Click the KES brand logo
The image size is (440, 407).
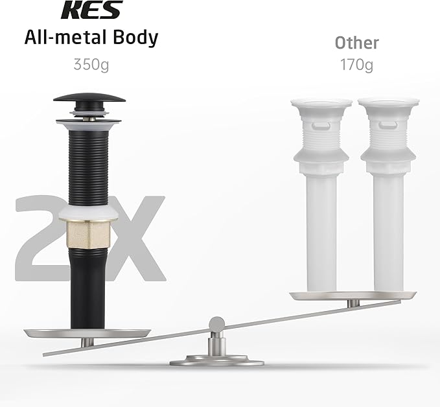(x=92, y=10)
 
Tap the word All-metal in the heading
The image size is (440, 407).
(x=65, y=38)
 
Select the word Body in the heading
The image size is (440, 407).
(x=136, y=38)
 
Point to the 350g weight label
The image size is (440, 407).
(x=91, y=65)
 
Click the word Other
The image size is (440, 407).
(x=357, y=43)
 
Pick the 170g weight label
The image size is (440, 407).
(x=356, y=65)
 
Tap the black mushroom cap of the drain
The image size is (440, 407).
(x=89, y=98)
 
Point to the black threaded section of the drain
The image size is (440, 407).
(x=88, y=169)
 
